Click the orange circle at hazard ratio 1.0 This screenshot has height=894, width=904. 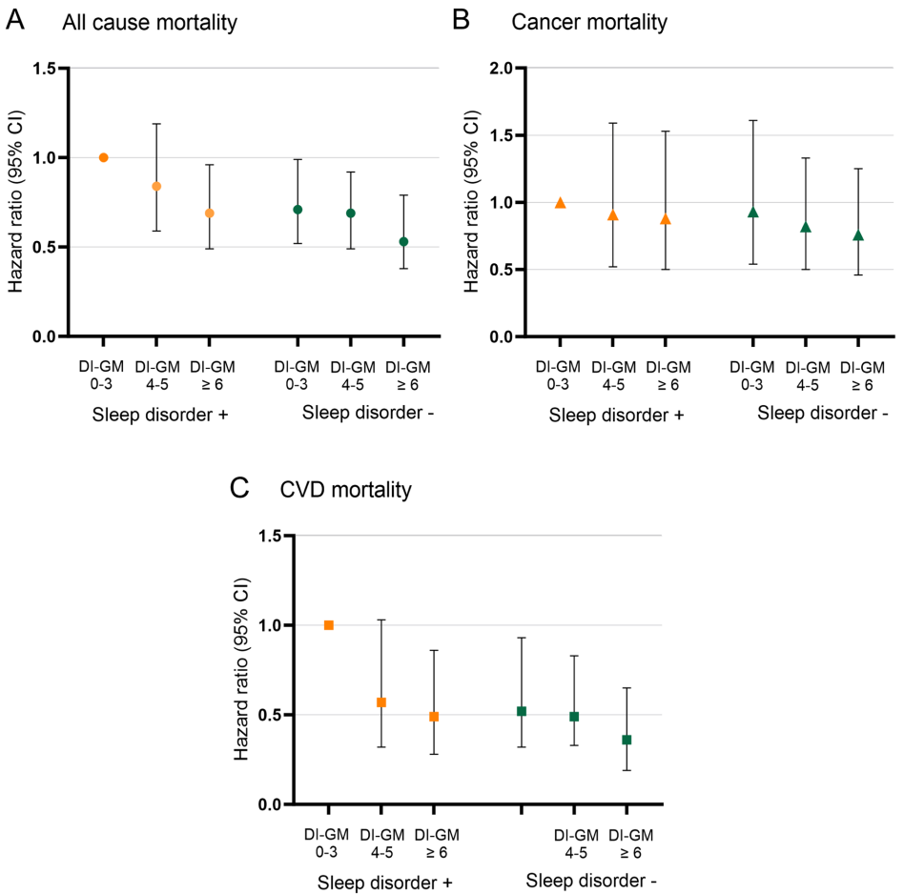104,157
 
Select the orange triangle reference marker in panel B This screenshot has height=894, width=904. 561,202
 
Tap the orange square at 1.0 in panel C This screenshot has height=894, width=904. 329,625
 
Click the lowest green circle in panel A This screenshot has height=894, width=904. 403,241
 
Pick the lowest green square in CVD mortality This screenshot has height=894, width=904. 627,740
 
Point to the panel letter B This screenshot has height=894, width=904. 461,21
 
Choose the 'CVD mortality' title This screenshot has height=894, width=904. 346,491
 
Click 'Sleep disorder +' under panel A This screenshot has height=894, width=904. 157,415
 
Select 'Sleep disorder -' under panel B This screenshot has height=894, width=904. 824,414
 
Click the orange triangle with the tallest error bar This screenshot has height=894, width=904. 613,215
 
